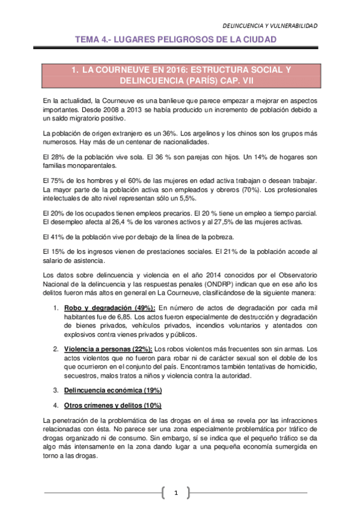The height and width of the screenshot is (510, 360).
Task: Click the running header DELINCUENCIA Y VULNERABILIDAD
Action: tap(270, 26)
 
